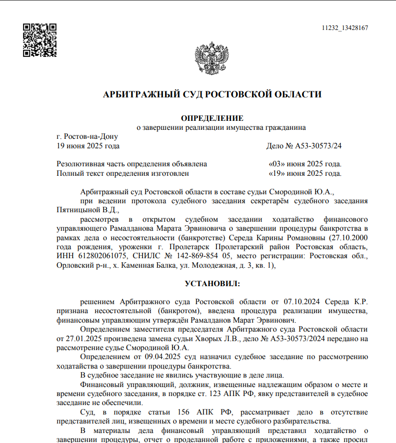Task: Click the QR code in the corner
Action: coord(40,40)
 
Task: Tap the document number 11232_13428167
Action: coord(345,28)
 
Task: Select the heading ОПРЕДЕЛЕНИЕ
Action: coord(211,118)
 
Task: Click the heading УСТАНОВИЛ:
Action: coord(212,284)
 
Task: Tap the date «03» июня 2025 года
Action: coord(305,164)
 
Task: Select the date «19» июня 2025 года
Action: coord(305,173)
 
